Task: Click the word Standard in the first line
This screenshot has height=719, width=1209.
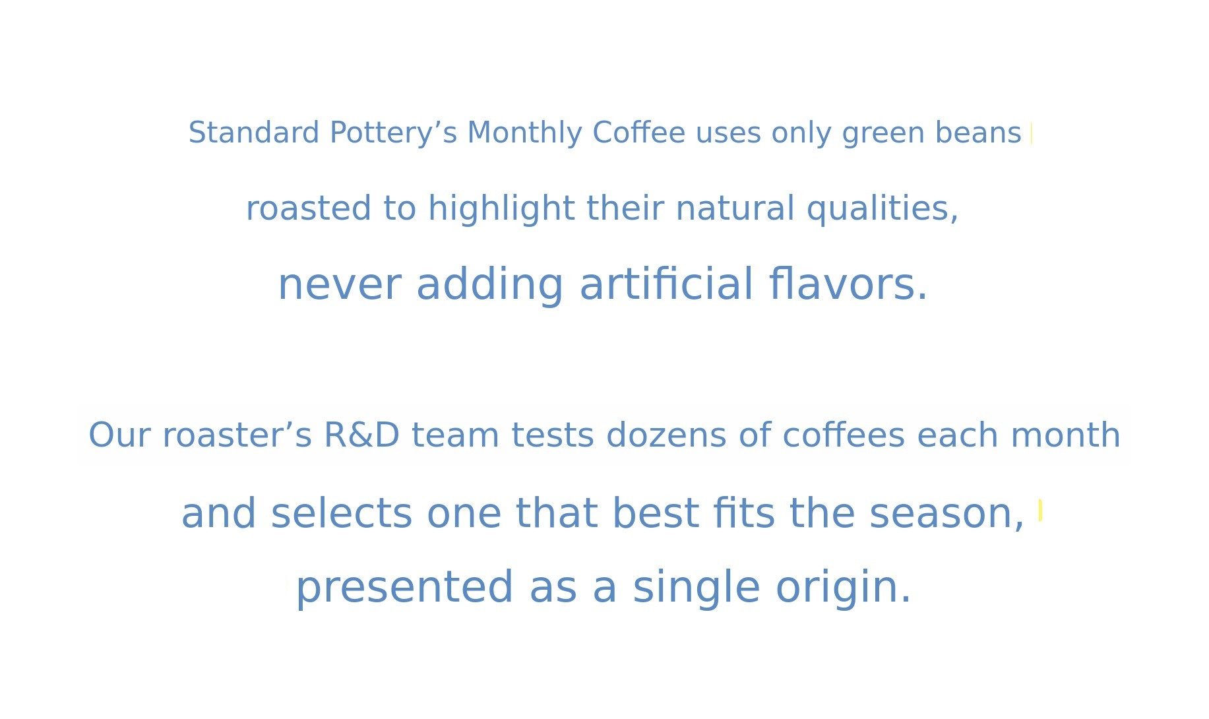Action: [254, 133]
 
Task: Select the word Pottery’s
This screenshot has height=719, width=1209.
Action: [393, 134]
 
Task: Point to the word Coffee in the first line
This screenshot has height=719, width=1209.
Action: [639, 133]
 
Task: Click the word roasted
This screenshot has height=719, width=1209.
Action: [309, 208]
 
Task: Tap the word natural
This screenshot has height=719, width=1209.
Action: [735, 208]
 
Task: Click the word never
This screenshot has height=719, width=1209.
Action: [339, 286]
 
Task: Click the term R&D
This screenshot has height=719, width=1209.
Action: [362, 435]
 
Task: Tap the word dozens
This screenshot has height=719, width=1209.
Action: [666, 435]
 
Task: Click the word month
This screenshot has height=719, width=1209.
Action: [1065, 435]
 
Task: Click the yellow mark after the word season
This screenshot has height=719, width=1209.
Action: [1040, 510]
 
